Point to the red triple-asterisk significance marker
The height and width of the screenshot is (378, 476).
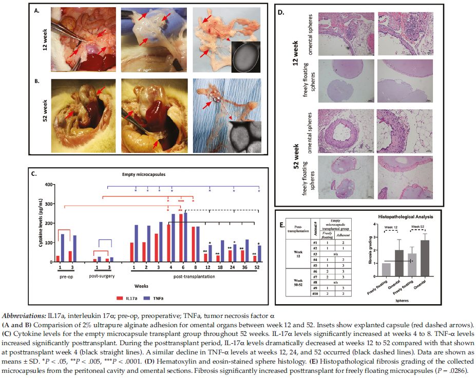click(181, 201)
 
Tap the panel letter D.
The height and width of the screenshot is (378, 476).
click(280, 9)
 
